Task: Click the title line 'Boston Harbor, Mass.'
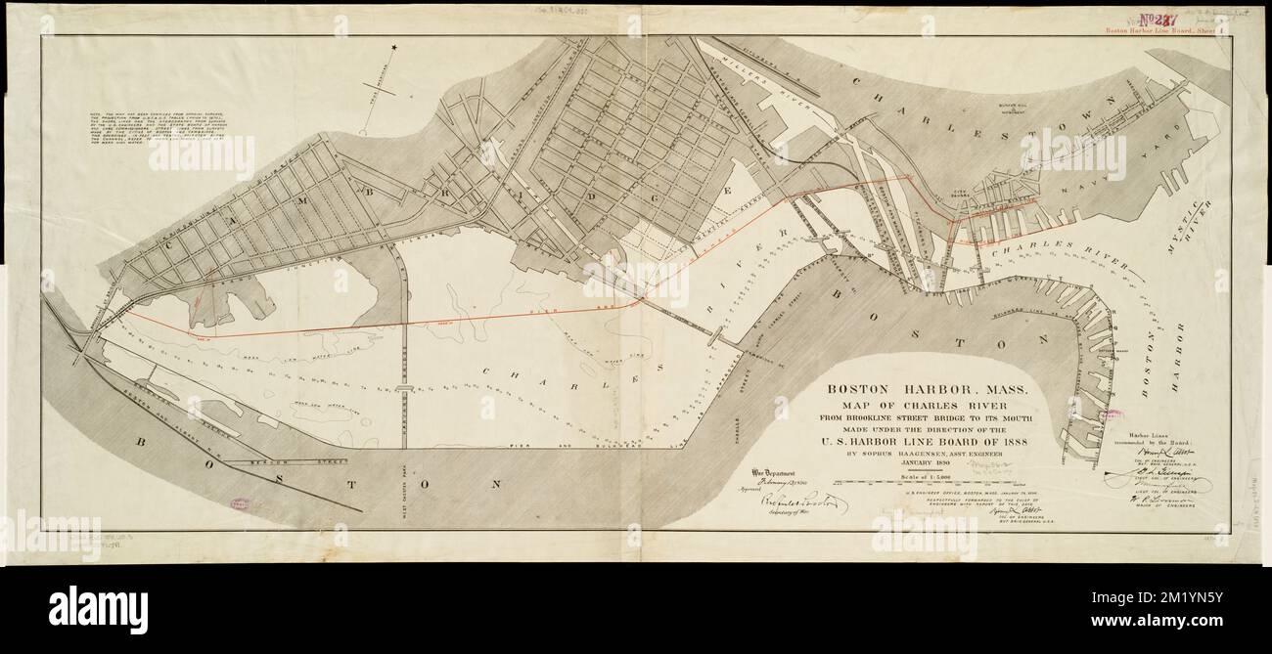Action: tap(927, 388)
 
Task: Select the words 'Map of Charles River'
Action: tap(927, 407)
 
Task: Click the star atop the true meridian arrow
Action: tap(394, 48)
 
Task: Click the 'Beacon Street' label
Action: tap(292, 459)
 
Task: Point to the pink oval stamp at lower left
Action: tap(241, 504)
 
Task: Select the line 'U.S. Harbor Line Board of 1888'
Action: tap(927, 439)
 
